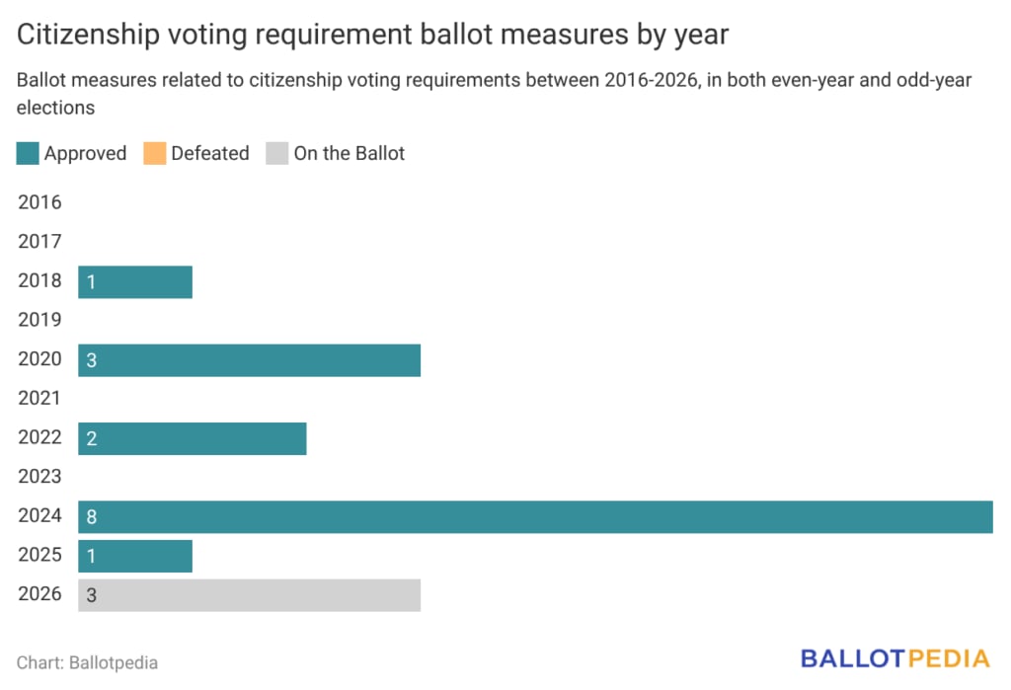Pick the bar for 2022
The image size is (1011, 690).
tap(192, 437)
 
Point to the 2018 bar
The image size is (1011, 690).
tap(134, 281)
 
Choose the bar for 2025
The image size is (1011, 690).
tap(134, 556)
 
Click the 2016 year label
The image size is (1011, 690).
tap(39, 203)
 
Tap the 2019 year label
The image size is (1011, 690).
tap(39, 320)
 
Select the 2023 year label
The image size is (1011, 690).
tap(39, 477)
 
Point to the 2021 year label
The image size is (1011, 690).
tap(39, 399)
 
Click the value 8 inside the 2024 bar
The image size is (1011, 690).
tap(91, 516)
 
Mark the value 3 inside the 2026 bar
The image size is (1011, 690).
tap(91, 594)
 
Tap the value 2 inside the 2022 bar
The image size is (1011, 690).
tap(91, 437)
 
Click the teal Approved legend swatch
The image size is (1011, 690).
tap(28, 153)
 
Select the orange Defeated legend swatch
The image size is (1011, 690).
tap(155, 153)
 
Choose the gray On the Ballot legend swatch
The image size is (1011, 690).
tap(277, 153)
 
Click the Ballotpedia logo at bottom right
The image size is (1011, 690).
tap(894, 658)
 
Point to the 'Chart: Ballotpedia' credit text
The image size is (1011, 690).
tap(87, 662)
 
